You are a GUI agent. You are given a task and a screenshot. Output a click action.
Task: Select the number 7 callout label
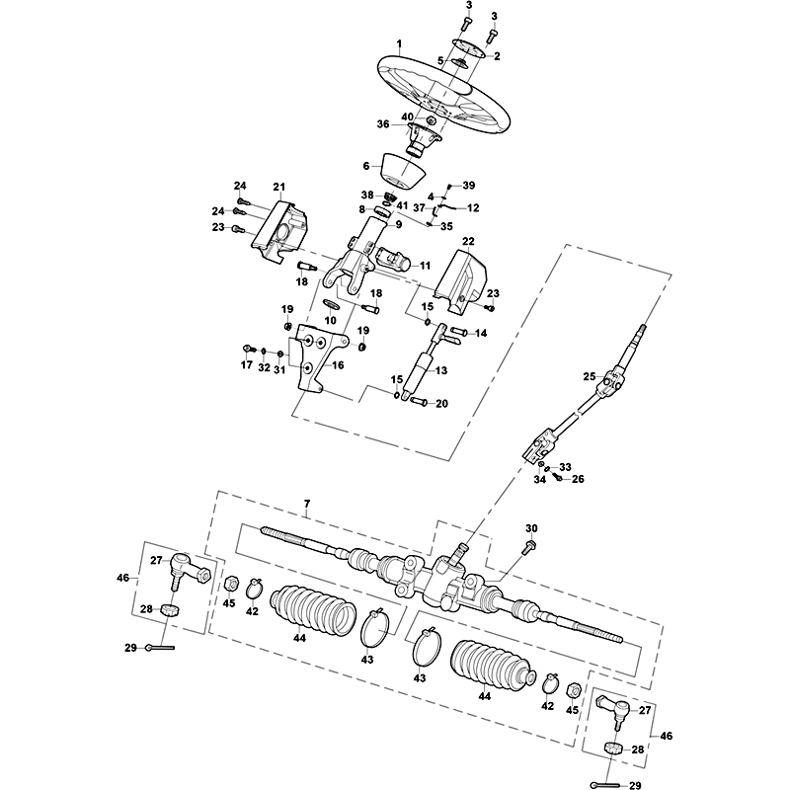[307, 504]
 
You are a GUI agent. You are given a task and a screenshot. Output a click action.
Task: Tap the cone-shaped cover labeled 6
[403, 171]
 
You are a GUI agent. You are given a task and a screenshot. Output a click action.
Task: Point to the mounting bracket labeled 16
[318, 361]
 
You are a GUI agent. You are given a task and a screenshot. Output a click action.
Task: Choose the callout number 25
[590, 376]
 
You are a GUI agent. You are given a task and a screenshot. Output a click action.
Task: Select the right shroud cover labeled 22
[461, 278]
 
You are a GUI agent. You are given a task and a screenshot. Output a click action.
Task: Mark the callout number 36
[383, 124]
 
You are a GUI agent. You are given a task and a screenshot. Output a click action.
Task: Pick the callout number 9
[398, 224]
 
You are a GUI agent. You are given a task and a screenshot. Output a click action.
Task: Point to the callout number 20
[441, 404]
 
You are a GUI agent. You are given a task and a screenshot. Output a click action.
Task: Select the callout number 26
[578, 479]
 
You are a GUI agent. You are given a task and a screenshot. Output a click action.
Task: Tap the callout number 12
[473, 207]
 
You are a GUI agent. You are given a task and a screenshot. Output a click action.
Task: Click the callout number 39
[468, 186]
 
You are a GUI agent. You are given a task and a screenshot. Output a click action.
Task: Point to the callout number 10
[330, 320]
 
